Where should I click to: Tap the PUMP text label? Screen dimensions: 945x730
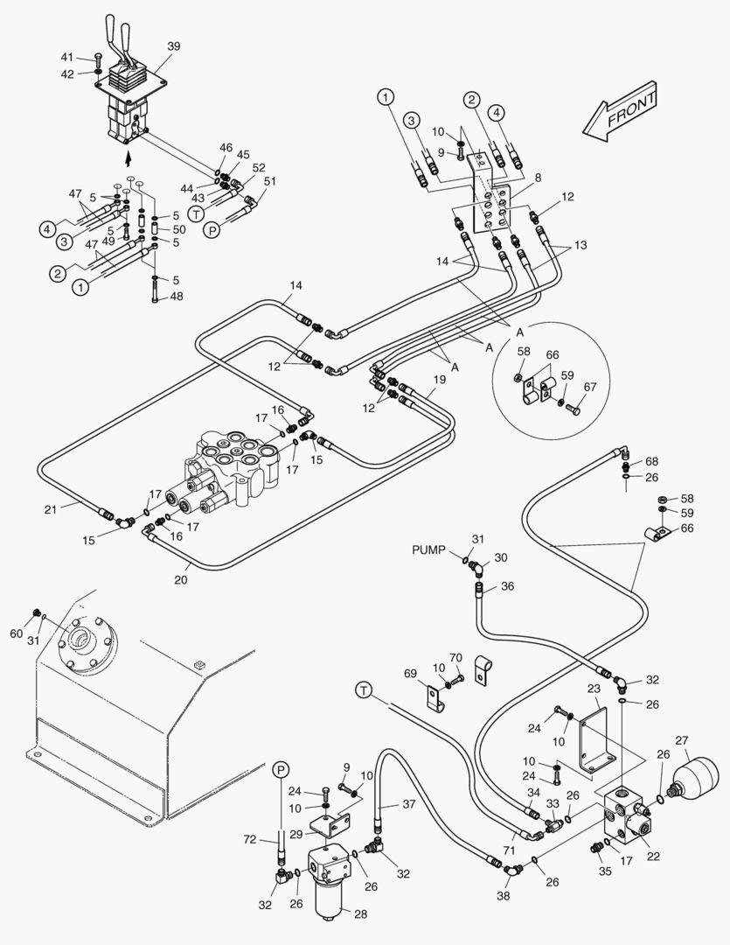430,549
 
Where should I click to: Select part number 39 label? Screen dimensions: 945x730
173,46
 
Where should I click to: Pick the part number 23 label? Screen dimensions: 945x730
594,689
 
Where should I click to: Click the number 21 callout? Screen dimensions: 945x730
52,508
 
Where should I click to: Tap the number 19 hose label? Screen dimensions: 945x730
440,379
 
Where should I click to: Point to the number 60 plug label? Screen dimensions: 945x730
17,633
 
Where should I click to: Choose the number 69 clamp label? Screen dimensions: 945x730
410,673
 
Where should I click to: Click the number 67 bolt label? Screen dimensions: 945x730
590,387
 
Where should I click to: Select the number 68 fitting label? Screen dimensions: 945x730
652,461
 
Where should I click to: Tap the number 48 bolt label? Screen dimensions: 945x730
177,297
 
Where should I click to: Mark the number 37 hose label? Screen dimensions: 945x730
410,805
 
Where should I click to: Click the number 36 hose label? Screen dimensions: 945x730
508,586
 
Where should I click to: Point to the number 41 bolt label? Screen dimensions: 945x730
67,57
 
